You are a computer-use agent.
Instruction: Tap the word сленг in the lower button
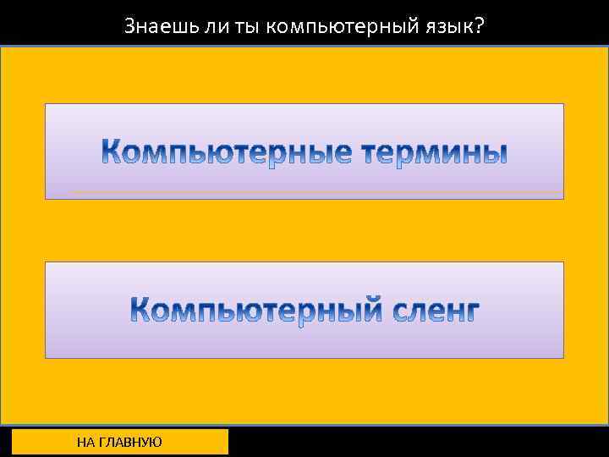point(436,310)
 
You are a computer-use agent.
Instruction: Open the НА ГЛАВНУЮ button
point(120,442)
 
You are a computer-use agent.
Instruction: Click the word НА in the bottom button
point(85,442)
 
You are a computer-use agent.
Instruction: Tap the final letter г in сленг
point(470,311)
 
